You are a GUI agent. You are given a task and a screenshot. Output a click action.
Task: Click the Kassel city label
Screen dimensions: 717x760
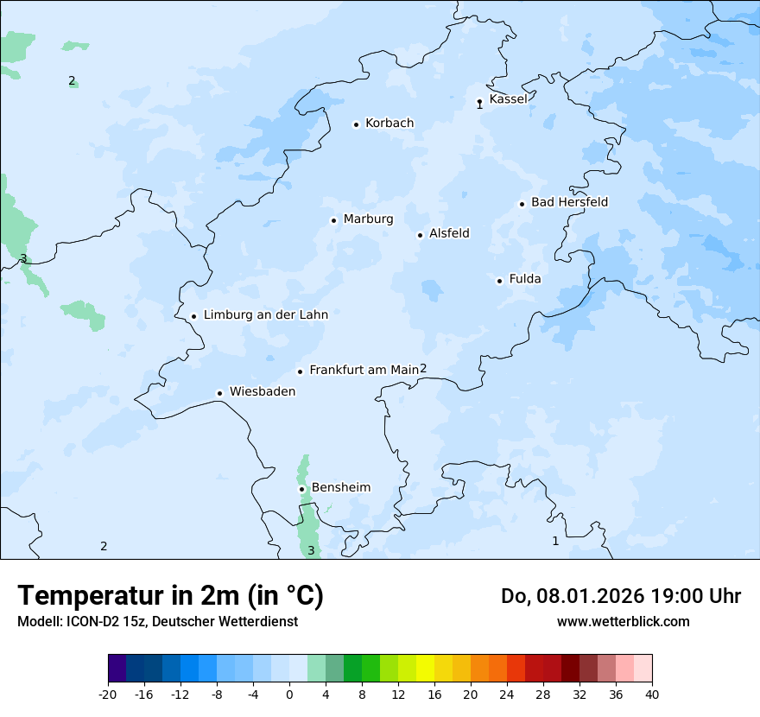point(508,99)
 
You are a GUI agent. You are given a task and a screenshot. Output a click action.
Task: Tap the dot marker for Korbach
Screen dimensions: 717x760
point(356,124)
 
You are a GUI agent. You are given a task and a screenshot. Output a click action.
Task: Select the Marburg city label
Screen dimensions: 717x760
point(368,219)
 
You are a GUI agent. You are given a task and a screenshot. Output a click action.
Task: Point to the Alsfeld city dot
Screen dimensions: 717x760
point(420,235)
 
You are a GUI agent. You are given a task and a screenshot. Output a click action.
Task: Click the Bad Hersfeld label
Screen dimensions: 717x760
point(569,202)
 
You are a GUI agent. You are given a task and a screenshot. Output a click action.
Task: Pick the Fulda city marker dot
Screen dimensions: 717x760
point(499,281)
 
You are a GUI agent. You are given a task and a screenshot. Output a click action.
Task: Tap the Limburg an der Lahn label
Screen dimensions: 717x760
point(265,315)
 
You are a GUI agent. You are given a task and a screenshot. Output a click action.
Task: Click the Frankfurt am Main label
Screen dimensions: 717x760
point(364,370)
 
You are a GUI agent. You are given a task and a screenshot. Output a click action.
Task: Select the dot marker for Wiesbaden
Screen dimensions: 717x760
point(220,394)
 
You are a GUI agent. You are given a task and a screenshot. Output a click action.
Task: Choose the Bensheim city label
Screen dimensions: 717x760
point(340,487)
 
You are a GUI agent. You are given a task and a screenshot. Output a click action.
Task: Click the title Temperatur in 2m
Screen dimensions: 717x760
point(171,596)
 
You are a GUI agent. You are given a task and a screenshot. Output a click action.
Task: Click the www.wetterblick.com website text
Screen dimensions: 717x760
point(623,621)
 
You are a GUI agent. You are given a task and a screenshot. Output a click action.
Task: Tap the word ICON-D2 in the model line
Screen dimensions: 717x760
point(90,621)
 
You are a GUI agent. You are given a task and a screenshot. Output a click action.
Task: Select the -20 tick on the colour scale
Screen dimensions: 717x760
point(108,694)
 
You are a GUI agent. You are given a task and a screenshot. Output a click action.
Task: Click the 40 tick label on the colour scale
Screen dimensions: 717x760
point(652,694)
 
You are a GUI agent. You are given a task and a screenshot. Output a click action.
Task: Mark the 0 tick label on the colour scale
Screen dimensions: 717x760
point(289,694)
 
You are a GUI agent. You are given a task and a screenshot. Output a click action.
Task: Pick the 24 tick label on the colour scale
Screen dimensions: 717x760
point(507,694)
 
